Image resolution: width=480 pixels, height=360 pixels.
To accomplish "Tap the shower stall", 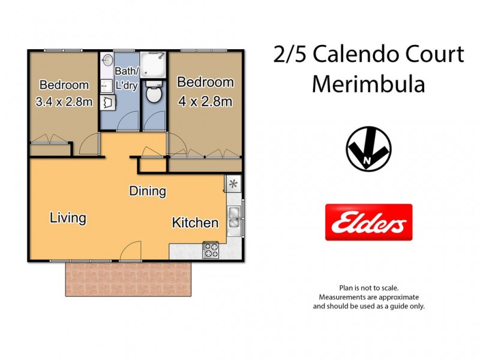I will click(154, 65).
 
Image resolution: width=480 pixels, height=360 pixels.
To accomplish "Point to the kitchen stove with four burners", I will click(211, 250).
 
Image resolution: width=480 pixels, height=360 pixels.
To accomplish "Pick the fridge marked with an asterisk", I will click(233, 183).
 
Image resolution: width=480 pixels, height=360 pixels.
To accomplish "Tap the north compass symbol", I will click(368, 149).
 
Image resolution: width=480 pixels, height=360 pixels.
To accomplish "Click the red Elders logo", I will click(368, 222).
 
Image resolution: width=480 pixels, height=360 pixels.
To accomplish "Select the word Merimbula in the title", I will click(368, 84).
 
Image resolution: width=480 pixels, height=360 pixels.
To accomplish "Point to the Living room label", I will click(68, 217).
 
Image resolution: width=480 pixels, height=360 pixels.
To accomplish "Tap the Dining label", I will click(148, 191).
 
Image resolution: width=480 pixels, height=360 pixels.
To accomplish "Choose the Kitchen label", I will click(195, 223).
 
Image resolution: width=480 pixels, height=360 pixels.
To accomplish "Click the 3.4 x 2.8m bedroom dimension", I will click(64, 101).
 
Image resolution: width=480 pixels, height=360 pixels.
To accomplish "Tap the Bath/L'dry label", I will click(127, 79).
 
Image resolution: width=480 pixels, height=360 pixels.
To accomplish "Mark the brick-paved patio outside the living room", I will click(127, 279).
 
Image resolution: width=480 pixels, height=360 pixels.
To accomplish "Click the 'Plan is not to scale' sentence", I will click(368, 288).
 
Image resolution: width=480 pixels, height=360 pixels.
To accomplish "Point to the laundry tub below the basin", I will click(108, 103).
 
